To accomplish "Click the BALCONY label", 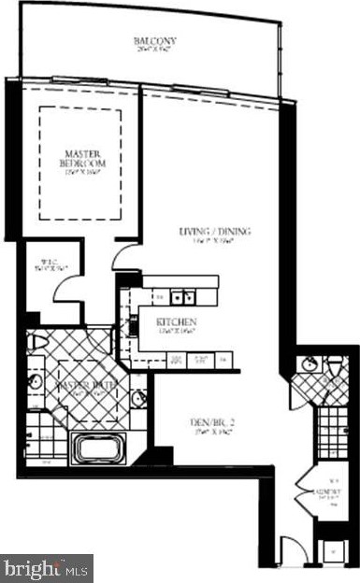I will pos(155,40).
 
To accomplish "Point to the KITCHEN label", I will pos(176,323).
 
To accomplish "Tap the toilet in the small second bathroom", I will pos(336,365).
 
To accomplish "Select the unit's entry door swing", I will pos(293,550).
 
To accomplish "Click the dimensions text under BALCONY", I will pos(155,50).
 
